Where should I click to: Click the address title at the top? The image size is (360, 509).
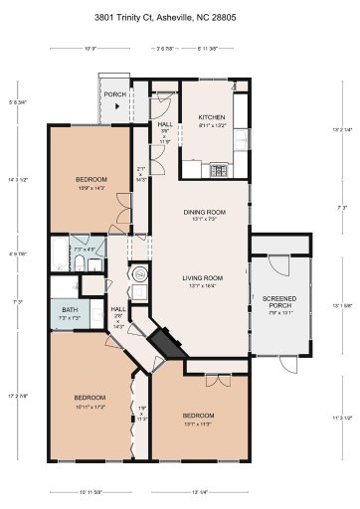pos(180,17)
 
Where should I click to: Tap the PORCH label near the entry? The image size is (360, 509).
pos(114,96)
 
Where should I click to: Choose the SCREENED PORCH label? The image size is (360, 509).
pos(277,301)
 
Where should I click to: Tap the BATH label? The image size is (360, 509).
pos(69,310)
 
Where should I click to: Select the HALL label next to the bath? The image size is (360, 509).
pos(118,308)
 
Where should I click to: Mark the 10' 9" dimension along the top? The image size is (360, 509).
pos(90,49)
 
